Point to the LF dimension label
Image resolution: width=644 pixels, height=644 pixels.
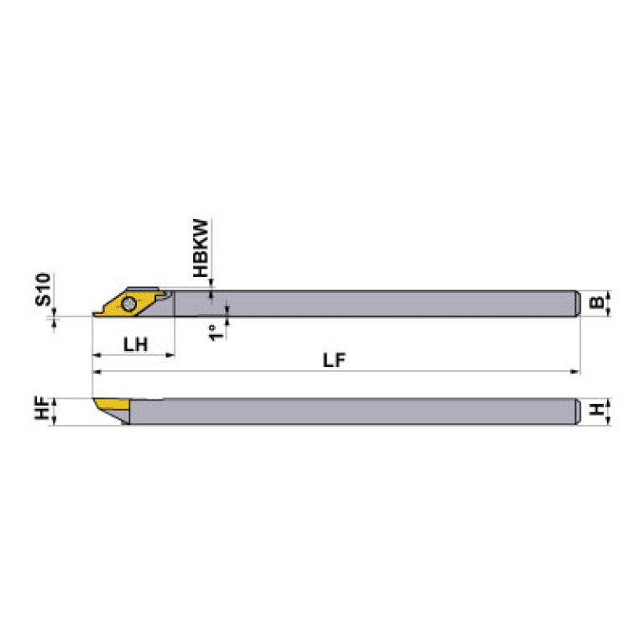(x=335, y=359)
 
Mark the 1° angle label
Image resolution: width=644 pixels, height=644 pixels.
(x=215, y=332)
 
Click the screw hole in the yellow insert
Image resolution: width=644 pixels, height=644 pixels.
(x=129, y=303)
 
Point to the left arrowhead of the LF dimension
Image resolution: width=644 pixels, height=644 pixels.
(x=96, y=371)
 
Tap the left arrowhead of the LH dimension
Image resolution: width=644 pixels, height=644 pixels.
(x=96, y=355)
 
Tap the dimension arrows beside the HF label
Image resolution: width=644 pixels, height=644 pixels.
(x=55, y=411)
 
